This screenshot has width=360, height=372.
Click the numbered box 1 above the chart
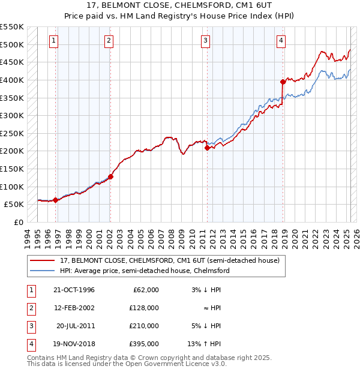53,41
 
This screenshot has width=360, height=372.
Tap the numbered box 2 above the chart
109,41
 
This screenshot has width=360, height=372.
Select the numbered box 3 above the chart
205,41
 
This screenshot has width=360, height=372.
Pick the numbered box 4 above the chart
281,41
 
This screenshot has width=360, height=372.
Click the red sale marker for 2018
283,82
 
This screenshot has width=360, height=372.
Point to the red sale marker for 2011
207,147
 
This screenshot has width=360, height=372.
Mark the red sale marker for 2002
111,176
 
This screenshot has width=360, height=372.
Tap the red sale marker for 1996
56,200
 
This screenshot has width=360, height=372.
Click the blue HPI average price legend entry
144,271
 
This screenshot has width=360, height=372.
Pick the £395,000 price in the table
144,344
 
